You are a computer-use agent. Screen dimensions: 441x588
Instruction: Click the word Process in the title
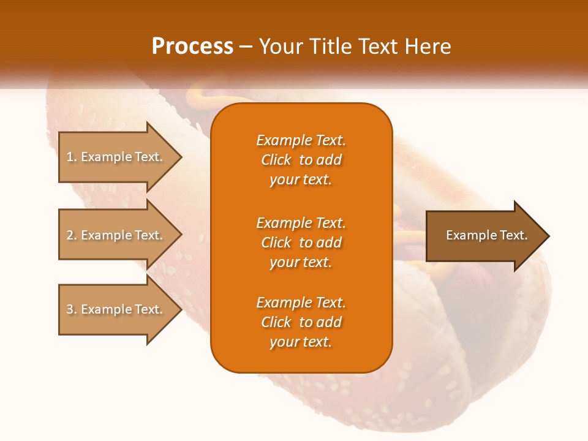[192, 47]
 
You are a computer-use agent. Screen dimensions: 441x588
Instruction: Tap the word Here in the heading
[428, 47]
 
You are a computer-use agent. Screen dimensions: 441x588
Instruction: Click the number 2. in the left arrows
[72, 235]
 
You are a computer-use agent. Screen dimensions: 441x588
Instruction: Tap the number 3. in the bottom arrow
[72, 309]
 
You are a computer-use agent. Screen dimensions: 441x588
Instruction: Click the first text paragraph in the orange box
[301, 160]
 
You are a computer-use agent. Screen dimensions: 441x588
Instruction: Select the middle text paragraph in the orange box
[301, 243]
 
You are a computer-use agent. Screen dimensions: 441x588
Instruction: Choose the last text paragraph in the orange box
[301, 322]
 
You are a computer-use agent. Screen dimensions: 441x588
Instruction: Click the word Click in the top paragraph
[276, 160]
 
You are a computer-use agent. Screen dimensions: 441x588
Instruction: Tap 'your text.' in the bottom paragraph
[301, 342]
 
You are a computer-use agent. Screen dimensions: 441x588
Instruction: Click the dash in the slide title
[246, 47]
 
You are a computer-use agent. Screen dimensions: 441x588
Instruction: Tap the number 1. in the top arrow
[72, 157]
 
